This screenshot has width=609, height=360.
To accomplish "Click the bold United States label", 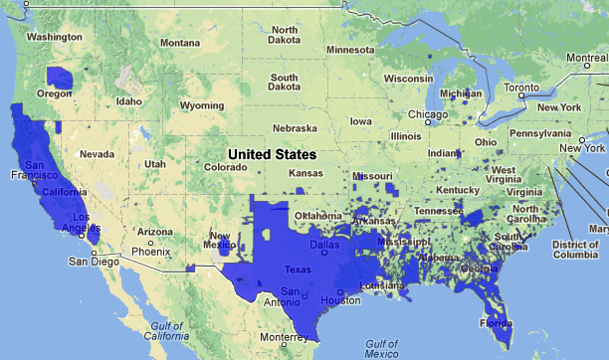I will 271,155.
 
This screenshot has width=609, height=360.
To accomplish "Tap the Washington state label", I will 55,37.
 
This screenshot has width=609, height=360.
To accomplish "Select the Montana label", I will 179,43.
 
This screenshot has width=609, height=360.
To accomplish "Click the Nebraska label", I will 296,128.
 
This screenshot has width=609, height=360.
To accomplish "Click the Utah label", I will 154,163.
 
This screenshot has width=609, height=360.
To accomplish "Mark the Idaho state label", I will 129,101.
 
